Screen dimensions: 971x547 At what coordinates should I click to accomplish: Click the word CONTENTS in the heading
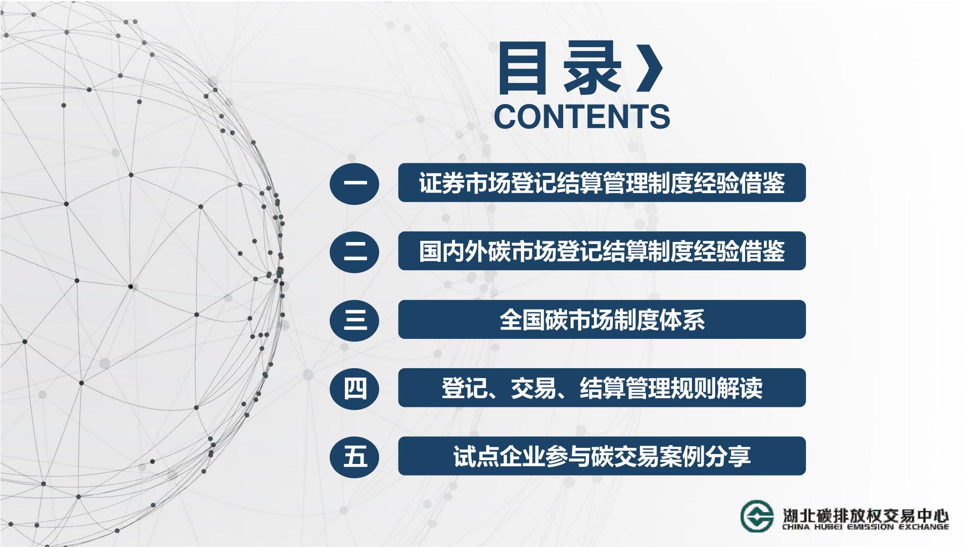(x=582, y=116)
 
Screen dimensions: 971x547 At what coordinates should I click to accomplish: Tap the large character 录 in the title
(x=592, y=69)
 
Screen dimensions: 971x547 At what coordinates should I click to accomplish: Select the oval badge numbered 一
(x=355, y=183)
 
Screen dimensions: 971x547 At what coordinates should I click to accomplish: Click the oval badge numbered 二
(x=355, y=251)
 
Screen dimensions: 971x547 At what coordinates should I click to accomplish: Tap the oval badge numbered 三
(x=355, y=319)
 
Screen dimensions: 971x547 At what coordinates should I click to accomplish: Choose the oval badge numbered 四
(x=355, y=388)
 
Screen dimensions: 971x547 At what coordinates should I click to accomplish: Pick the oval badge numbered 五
(x=355, y=456)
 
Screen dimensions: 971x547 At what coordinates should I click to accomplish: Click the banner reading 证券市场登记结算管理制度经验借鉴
(x=602, y=183)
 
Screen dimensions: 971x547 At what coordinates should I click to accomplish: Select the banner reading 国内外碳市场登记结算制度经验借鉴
(x=602, y=251)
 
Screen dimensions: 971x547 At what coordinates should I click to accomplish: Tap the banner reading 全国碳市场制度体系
(x=602, y=319)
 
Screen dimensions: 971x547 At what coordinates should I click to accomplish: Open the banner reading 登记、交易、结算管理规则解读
(x=602, y=388)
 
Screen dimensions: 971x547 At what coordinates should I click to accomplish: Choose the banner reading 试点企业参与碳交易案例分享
(x=602, y=456)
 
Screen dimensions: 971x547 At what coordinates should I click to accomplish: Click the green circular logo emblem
(x=757, y=515)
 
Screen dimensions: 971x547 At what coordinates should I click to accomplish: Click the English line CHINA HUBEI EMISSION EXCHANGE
(x=866, y=527)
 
